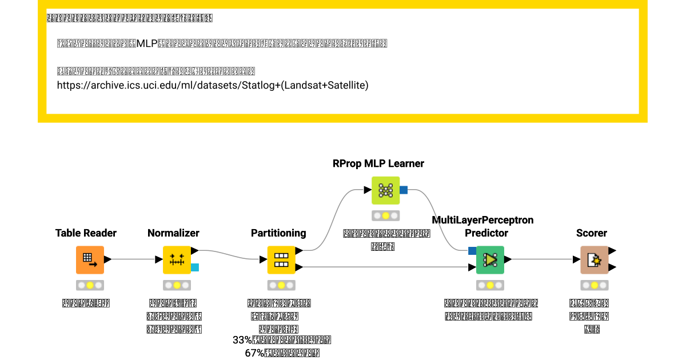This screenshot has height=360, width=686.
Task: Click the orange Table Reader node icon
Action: [90, 260]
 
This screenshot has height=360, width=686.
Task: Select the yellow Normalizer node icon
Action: [177, 260]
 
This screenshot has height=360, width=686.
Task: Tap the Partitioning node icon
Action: [281, 260]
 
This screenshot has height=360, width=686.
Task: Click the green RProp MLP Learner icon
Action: [385, 190]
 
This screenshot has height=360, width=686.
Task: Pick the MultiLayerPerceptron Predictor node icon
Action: [490, 260]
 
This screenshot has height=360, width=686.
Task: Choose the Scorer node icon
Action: [595, 260]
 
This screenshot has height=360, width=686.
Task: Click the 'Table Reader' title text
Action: [86, 233]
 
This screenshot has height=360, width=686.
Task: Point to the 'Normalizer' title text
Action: [173, 233]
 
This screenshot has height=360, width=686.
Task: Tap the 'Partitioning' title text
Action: [278, 233]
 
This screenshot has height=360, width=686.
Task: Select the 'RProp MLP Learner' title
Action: [378, 163]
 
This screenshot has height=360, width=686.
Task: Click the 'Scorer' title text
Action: [592, 233]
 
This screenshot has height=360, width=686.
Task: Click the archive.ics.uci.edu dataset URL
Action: [213, 86]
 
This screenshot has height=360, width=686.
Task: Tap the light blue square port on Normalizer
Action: [194, 267]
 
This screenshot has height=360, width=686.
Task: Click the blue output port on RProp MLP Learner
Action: [403, 190]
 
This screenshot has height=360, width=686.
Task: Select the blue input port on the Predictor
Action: [472, 250]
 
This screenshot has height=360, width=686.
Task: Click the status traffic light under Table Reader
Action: [90, 285]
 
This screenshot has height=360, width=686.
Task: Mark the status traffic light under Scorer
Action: [595, 285]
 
